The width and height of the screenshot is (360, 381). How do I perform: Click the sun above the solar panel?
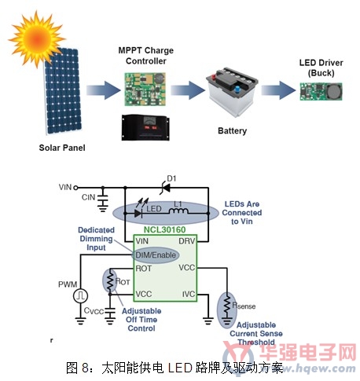pos(36,39)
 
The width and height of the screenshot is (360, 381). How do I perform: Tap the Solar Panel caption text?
pos(62,148)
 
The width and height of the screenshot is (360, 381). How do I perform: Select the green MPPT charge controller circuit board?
pos(145,89)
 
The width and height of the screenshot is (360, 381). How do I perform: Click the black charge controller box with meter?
pos(145,127)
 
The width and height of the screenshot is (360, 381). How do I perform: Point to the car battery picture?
pos(232,92)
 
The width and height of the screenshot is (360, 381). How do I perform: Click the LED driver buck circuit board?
pos(321,92)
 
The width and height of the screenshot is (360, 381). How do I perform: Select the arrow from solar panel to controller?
pos(103,90)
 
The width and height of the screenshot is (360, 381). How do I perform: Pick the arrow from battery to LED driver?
pos(278,90)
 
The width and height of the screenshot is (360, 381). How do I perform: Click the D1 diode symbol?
pos(165,188)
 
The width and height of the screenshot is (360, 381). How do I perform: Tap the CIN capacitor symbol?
pos(103,200)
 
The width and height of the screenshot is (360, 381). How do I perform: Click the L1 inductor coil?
pos(178,211)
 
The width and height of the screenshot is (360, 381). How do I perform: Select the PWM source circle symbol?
pos(80,296)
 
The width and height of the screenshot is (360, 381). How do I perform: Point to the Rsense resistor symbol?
pos(227,305)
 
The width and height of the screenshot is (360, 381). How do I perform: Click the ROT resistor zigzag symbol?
pos(110,280)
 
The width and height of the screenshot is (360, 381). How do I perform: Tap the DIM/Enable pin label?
pos(156,255)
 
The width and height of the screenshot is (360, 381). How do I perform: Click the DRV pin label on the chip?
pos(187,241)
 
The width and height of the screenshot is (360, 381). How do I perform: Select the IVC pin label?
pos(189,294)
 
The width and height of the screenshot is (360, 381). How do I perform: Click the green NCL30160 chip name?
pos(164,229)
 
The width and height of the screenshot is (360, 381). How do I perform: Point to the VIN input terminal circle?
pos(75,188)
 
